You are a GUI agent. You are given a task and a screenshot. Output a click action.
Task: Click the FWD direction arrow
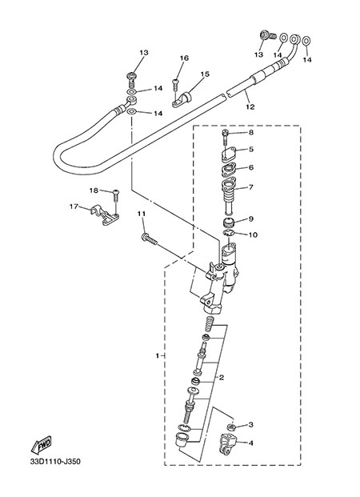point(41,446)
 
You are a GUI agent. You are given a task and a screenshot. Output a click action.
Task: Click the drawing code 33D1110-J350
point(55,471)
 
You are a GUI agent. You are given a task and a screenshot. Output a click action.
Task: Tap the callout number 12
point(250,107)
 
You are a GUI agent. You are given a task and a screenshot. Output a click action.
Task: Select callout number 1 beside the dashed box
point(158,355)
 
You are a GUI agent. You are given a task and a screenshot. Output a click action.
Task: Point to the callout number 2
point(222,378)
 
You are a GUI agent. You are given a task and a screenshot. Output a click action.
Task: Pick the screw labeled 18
point(116,197)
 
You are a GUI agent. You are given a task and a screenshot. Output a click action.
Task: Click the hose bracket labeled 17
point(105,215)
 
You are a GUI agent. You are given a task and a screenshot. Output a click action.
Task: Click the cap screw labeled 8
point(226,137)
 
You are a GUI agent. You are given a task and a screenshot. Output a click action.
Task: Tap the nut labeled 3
point(232,427)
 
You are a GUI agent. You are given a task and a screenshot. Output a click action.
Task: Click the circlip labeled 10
point(228,234)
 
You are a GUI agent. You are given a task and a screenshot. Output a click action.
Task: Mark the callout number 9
point(250,218)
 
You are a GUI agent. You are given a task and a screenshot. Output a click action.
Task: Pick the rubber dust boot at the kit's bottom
point(182,440)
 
